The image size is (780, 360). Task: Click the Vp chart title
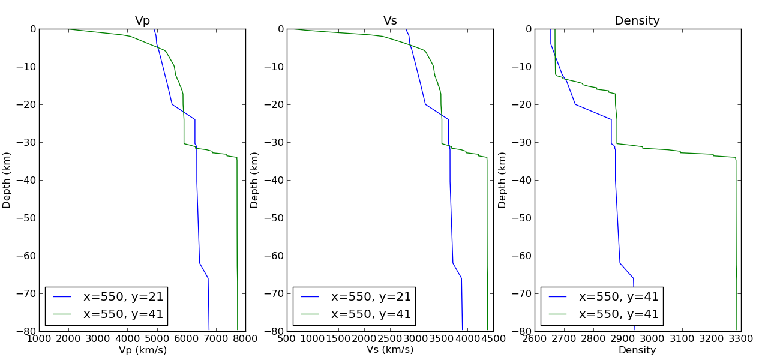coord(142,21)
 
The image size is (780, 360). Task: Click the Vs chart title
coord(390,21)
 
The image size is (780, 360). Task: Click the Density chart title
coord(637,21)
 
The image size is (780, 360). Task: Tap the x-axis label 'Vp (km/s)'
coord(143,350)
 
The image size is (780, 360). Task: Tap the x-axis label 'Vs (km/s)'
coord(390,350)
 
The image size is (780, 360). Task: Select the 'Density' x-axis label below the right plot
coord(637,350)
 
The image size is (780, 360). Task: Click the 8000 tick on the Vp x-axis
coord(245,338)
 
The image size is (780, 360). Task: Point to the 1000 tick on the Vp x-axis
coord(39,338)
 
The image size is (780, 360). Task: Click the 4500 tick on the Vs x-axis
coord(493,338)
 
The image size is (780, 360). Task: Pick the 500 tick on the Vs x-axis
coord(287,338)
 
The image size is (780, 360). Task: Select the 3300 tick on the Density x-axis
coord(741,338)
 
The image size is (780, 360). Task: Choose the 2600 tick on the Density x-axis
coord(535,338)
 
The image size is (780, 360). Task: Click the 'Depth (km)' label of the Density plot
coord(502,180)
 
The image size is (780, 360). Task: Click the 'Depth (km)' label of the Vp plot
coord(7,180)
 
